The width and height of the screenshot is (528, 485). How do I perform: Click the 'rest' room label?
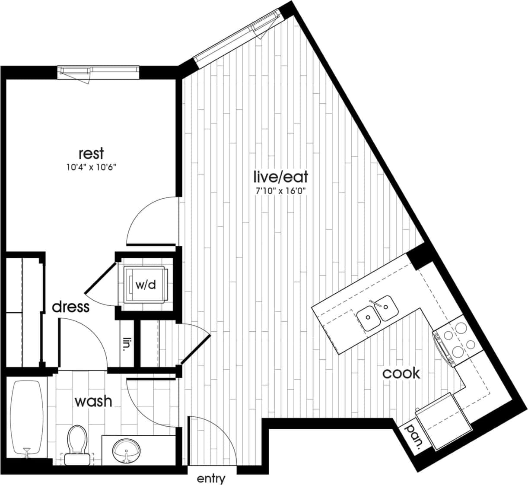click(x=91, y=154)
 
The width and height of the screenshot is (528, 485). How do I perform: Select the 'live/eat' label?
click(x=281, y=177)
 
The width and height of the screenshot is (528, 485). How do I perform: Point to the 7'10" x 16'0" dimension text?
click(x=281, y=190)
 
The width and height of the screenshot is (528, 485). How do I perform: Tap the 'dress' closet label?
click(x=71, y=307)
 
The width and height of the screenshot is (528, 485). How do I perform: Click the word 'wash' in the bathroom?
click(x=93, y=401)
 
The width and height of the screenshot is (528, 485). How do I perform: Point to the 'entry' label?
click(x=211, y=479)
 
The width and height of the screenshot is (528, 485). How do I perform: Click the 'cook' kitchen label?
click(x=401, y=373)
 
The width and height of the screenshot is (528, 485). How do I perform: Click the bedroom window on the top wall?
click(x=99, y=72)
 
